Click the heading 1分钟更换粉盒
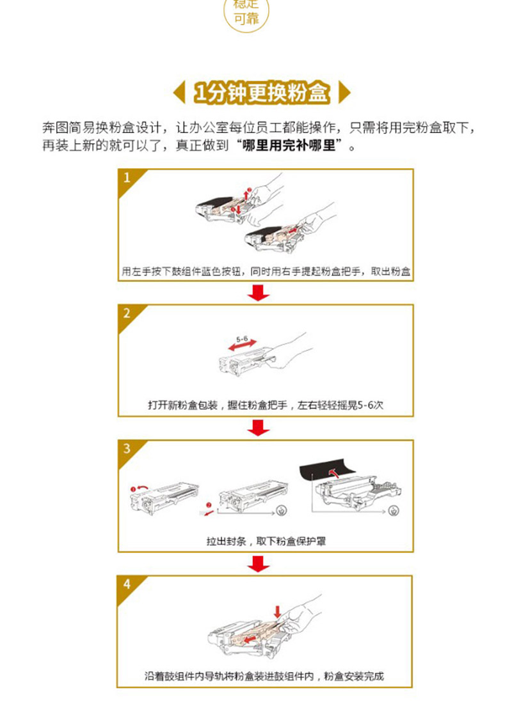click(262, 92)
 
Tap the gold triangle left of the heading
click(180, 92)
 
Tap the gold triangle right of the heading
click(344, 92)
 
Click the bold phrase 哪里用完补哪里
click(289, 146)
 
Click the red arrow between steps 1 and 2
click(259, 292)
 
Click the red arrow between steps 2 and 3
click(259, 428)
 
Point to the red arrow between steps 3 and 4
click(259, 563)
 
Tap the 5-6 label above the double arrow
click(242, 340)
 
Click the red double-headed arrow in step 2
click(242, 345)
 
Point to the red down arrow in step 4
click(277, 612)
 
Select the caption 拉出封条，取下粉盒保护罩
click(266, 541)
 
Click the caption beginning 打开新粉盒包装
click(266, 405)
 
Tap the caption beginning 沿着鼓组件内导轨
click(264, 676)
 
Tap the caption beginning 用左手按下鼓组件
click(266, 271)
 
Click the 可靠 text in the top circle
click(246, 19)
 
